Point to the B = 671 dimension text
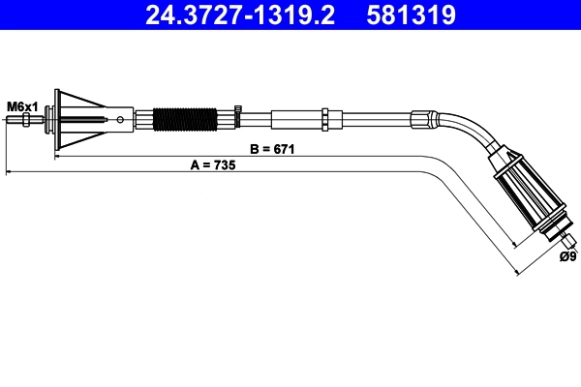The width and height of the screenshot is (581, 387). point(272,149)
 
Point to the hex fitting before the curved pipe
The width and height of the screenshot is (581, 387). point(420,120)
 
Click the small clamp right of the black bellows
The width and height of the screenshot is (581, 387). point(232,120)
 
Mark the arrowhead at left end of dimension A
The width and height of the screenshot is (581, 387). point(10,172)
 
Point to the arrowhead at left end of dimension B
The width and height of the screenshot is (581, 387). point(58,156)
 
